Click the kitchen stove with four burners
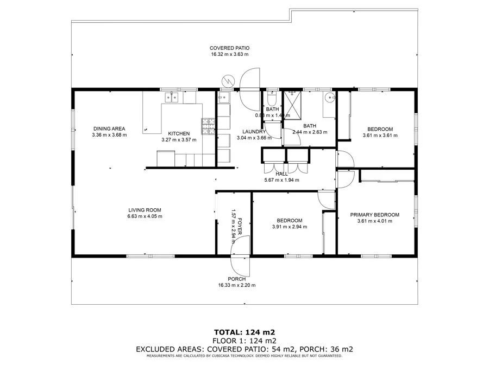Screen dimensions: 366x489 (209, 127)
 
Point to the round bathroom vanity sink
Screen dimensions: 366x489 (329, 98)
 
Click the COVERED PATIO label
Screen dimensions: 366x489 (229, 48)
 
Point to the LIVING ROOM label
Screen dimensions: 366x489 (145, 210)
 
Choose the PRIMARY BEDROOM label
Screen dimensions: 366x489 (374, 215)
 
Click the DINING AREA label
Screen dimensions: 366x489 (109, 129)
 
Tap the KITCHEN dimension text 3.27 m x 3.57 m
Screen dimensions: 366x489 (178, 140)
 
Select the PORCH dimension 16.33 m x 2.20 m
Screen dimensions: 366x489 (236, 285)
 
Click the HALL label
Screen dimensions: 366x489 (281, 174)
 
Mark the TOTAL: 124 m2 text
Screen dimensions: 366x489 (244, 332)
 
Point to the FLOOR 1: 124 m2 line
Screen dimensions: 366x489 (244, 341)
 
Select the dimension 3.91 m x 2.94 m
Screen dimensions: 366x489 (289, 227)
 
